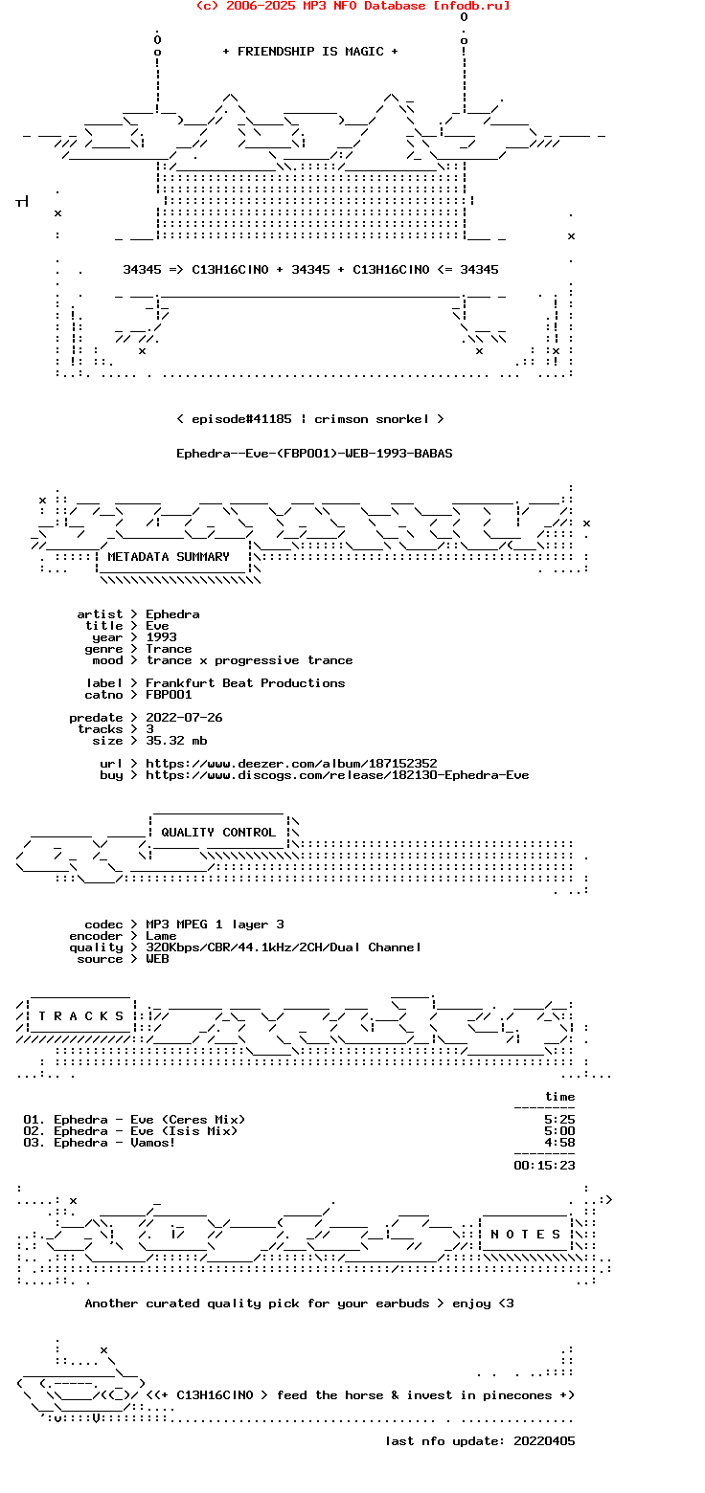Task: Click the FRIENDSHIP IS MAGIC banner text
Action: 310,52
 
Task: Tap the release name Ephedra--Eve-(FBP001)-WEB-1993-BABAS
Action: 314,454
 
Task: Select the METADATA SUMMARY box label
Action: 168,557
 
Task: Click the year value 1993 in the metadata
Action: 162,637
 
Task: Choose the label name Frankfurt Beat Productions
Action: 245,683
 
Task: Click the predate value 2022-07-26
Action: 184,718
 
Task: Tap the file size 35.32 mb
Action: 177,741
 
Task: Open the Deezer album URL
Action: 291,763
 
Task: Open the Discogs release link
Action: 337,775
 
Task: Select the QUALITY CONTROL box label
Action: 218,833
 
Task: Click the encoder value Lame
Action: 162,936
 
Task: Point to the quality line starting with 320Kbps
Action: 284,947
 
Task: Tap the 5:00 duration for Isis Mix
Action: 559,1131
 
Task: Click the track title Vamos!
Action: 152,1143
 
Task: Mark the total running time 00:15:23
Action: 544,1166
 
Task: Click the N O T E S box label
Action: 526,1235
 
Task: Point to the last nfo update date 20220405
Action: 544,1441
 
